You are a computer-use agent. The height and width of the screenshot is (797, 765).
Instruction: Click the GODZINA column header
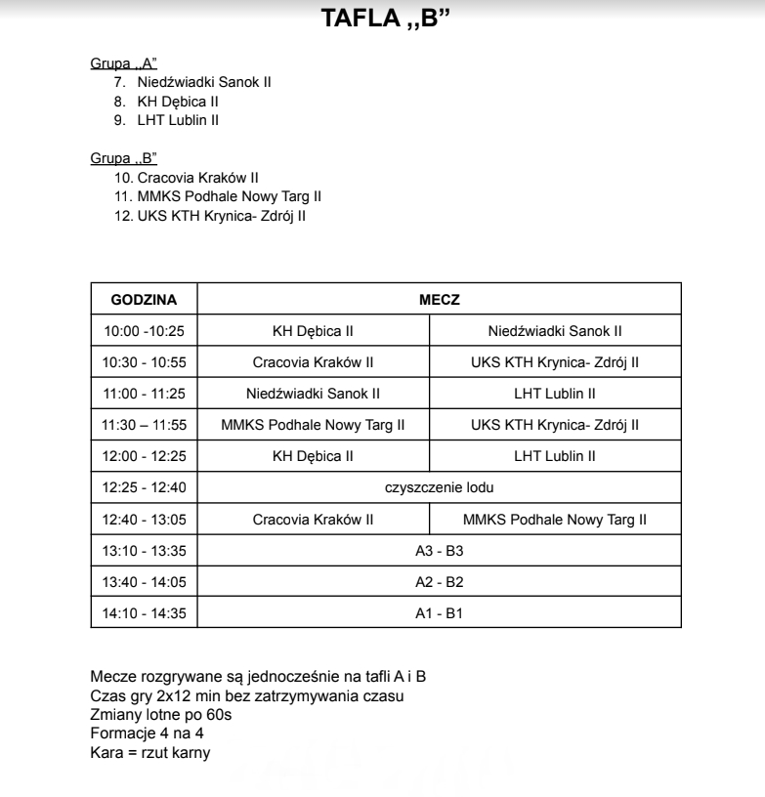(x=144, y=299)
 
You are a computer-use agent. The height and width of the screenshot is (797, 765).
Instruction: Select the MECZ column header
(x=439, y=299)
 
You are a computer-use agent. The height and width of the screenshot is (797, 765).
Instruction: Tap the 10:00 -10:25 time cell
(x=144, y=331)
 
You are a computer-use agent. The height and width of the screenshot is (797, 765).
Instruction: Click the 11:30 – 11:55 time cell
(x=144, y=425)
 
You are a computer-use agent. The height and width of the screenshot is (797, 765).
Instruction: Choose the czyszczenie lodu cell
(x=439, y=487)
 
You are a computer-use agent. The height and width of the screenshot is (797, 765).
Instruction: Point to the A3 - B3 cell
(x=439, y=551)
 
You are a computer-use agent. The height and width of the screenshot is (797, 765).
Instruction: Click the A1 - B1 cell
(x=439, y=613)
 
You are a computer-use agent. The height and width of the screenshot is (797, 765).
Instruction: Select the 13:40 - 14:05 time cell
(x=144, y=582)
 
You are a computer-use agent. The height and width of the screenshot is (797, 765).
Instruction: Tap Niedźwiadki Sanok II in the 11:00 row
(x=313, y=394)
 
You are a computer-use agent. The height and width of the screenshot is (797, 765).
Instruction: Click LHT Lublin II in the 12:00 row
(x=555, y=456)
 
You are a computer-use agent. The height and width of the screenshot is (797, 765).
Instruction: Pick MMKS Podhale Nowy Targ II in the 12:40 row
(x=555, y=520)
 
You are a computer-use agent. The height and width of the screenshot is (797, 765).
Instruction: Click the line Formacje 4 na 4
(x=147, y=734)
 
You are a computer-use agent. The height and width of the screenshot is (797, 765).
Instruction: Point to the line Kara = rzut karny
(x=149, y=753)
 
